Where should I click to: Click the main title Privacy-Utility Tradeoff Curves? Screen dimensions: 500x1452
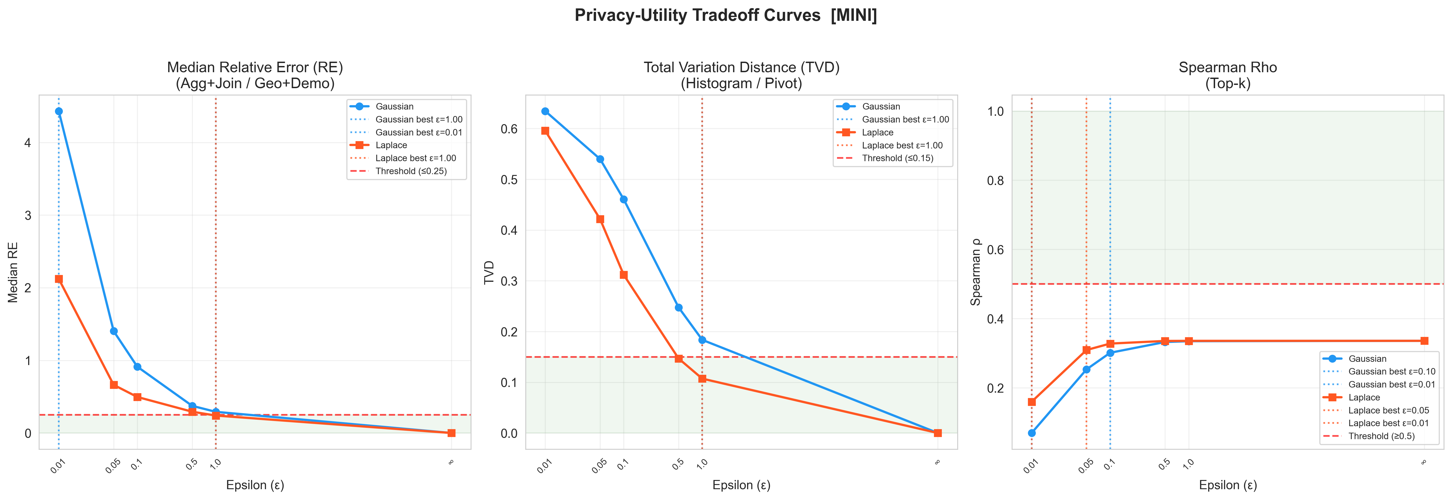pyautogui.click(x=725, y=15)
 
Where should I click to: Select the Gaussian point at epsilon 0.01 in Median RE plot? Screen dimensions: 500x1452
pyautogui.click(x=58, y=111)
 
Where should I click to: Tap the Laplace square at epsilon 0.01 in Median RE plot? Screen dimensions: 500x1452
pyautogui.click(x=58, y=279)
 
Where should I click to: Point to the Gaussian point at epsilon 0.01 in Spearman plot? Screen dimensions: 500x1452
pyautogui.click(x=1031, y=433)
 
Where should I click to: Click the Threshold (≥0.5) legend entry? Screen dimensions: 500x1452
pyautogui.click(x=1381, y=436)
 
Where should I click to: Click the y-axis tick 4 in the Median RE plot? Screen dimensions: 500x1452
pyautogui.click(x=28, y=143)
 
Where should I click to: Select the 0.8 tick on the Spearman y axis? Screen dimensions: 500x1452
pyautogui.click(x=995, y=181)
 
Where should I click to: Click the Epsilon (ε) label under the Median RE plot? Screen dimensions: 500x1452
pyautogui.click(x=255, y=485)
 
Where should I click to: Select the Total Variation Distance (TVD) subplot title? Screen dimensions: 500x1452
pyautogui.click(x=741, y=68)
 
